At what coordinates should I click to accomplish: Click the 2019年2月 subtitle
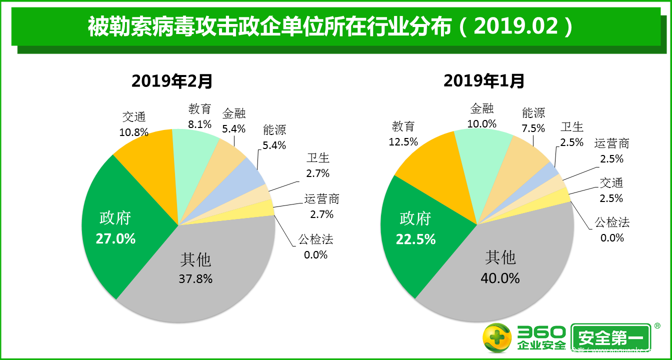(x=172, y=80)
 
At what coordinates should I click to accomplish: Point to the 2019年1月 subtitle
(x=484, y=80)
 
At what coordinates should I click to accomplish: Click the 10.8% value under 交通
(x=134, y=132)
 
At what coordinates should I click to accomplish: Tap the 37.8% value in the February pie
(x=195, y=278)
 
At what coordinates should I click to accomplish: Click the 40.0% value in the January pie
(x=500, y=277)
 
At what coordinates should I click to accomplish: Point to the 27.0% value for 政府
(x=115, y=238)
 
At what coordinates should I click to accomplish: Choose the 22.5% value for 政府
(x=415, y=239)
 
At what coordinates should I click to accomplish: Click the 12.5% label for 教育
(x=403, y=141)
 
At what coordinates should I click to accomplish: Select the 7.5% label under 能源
(x=533, y=128)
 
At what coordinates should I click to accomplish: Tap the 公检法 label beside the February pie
(x=315, y=239)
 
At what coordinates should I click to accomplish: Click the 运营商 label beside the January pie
(x=611, y=144)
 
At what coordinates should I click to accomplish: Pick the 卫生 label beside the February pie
(x=318, y=158)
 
